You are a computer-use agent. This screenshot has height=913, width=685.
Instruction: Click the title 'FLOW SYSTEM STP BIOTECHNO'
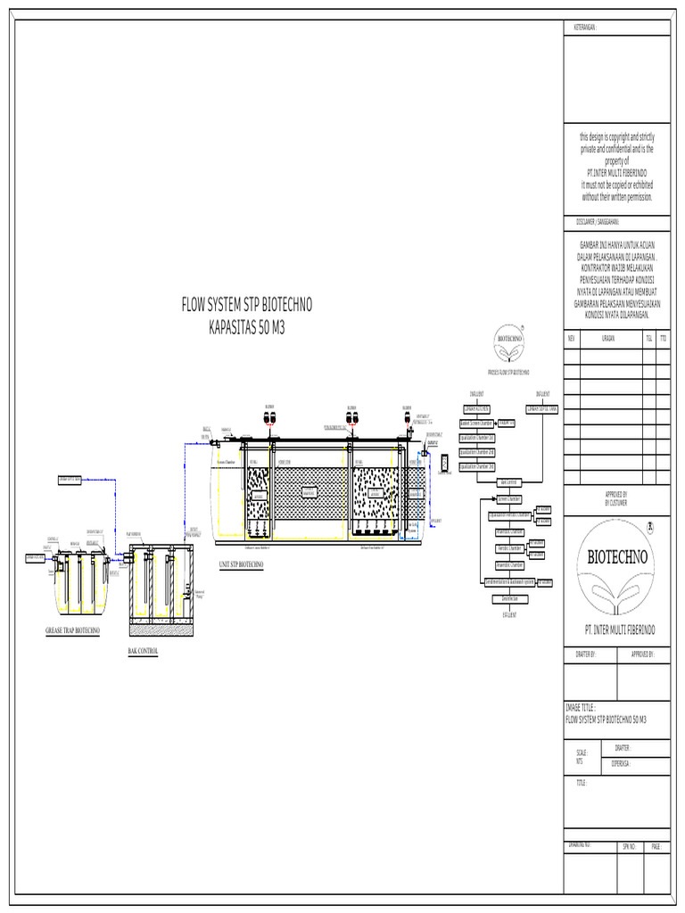click(x=247, y=306)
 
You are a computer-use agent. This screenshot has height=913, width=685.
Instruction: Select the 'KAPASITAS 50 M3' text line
click(x=247, y=327)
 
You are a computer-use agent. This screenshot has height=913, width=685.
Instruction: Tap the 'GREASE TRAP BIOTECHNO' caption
click(x=73, y=630)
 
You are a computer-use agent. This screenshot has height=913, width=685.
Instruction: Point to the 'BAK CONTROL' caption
click(x=143, y=652)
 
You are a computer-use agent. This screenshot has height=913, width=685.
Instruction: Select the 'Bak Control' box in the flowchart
click(x=508, y=482)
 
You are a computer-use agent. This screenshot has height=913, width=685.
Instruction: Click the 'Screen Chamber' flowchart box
click(x=509, y=498)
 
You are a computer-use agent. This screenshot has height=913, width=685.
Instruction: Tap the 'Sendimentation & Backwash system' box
click(x=509, y=582)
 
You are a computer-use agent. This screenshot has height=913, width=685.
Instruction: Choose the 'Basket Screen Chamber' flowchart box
click(x=477, y=424)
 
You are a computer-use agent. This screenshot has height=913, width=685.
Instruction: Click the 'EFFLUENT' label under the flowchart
click(x=509, y=614)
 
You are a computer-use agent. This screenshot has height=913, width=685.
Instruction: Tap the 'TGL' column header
click(x=648, y=339)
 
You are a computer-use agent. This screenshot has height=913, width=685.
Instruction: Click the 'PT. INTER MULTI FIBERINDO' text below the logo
click(x=619, y=629)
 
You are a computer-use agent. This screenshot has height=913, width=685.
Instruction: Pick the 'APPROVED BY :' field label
click(x=642, y=654)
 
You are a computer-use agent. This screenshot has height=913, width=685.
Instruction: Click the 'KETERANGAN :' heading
click(x=584, y=28)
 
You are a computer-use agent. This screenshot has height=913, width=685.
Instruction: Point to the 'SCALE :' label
click(x=582, y=753)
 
